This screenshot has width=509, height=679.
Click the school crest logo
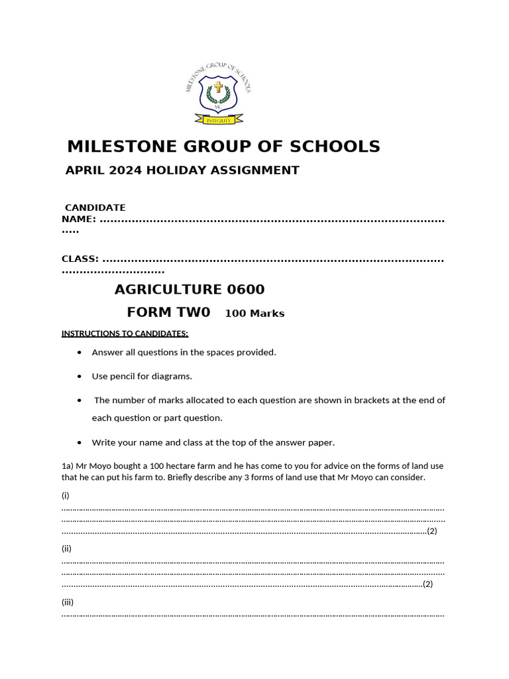point(218,93)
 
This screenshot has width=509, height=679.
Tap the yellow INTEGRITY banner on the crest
point(218,120)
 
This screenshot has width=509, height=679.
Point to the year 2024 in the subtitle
point(125,170)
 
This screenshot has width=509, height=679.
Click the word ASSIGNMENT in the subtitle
point(255,170)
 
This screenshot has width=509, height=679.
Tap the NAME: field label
point(79,219)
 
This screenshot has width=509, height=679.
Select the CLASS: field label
point(80,259)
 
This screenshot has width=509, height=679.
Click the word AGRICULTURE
point(168,290)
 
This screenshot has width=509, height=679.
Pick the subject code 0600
point(246,290)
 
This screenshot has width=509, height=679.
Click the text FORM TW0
point(168,312)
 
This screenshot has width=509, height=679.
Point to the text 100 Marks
point(254,314)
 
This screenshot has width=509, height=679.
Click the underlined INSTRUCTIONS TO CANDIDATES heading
point(125,333)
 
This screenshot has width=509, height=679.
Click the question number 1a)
point(68,466)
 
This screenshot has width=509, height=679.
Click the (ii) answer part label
point(66,548)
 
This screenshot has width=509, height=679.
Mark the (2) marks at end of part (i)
point(431,531)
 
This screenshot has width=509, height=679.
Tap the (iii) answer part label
point(68,602)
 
